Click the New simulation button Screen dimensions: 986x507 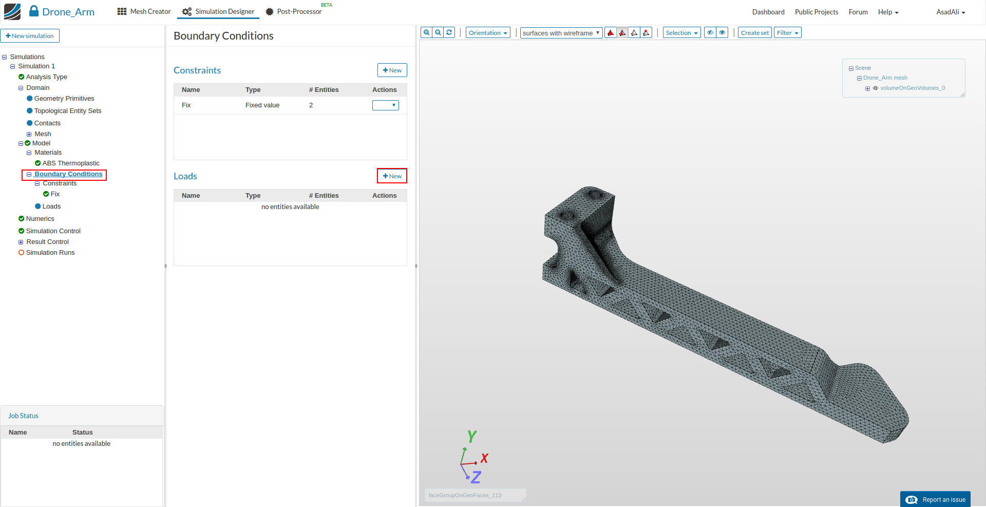tap(30, 36)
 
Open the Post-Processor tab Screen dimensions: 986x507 tap(294, 12)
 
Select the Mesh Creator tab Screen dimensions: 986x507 tap(144, 12)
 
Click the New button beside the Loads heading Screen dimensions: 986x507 tap(392, 176)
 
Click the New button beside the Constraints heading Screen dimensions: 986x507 tap(392, 70)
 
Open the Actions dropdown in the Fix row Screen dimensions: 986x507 tap(386, 105)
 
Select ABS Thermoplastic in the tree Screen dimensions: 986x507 tap(71, 163)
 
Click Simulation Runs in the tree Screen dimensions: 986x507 tap(50, 253)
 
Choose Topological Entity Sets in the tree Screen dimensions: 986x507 tap(68, 111)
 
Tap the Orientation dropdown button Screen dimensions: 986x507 tap(488, 33)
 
